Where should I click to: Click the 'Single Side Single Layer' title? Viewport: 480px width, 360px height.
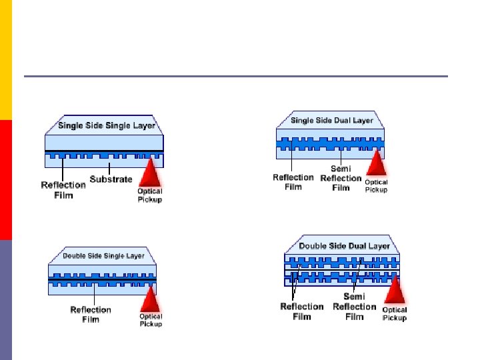[x=107, y=126]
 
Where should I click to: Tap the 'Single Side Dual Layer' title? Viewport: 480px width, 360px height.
[x=332, y=121]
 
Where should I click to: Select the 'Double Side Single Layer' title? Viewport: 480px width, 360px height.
[x=103, y=256]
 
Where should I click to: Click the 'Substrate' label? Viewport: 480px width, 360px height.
[x=111, y=179]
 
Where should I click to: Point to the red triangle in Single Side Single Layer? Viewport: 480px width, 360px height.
[x=152, y=173]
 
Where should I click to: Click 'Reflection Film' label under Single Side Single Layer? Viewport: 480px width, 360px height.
[x=64, y=189]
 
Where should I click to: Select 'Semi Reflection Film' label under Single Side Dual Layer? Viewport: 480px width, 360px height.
[x=341, y=178]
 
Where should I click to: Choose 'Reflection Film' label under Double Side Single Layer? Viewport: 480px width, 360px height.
[x=91, y=314]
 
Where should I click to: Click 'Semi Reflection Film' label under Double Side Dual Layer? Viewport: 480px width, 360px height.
[x=354, y=306]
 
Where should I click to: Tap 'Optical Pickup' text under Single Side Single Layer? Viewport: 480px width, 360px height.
[x=149, y=195]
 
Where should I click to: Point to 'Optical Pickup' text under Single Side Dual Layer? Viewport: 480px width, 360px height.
[x=376, y=185]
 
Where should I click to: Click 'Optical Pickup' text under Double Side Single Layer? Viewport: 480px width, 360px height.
[x=151, y=320]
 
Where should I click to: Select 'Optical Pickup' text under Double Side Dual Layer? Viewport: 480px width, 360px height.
[x=395, y=313]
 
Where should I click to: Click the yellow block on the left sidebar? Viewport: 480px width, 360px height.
[x=6, y=60]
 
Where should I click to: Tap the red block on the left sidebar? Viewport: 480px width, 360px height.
[x=6, y=180]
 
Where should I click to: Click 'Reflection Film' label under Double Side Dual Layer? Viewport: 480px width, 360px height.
[x=302, y=311]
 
